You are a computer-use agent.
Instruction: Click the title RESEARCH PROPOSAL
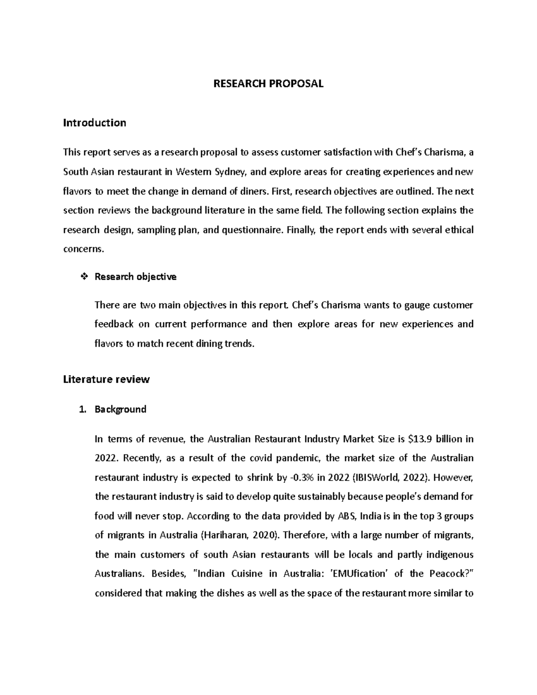click(x=268, y=84)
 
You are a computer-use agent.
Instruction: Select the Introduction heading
click(x=94, y=123)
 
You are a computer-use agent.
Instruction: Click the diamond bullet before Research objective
click(x=82, y=277)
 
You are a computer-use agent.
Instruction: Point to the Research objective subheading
click(x=135, y=277)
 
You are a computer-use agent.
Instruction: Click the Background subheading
click(x=120, y=409)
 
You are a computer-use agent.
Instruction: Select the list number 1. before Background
click(x=81, y=409)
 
